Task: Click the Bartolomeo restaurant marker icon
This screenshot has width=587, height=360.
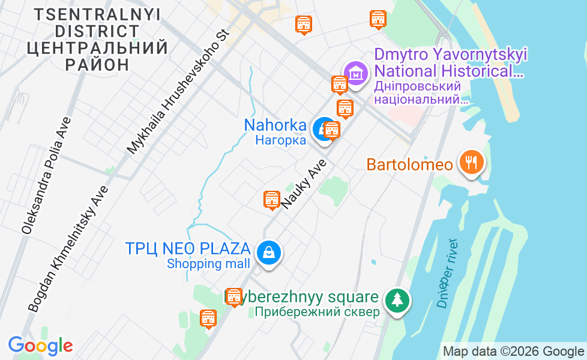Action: click(x=472, y=163)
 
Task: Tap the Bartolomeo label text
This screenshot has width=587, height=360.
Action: click(x=409, y=164)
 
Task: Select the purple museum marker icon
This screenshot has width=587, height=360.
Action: click(x=356, y=74)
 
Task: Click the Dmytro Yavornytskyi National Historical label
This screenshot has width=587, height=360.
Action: click(x=450, y=63)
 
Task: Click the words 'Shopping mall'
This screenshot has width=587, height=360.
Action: click(x=208, y=263)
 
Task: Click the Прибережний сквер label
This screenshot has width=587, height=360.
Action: click(x=317, y=312)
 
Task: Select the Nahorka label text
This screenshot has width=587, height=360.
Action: click(x=275, y=125)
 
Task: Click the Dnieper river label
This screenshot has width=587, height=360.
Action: click(x=448, y=273)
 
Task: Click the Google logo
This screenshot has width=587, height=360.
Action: click(x=40, y=346)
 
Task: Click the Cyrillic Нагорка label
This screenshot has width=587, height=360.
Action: click(x=280, y=140)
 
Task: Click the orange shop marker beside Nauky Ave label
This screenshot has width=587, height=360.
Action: click(x=272, y=199)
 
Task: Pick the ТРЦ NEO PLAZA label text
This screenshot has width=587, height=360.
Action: click(x=187, y=248)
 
